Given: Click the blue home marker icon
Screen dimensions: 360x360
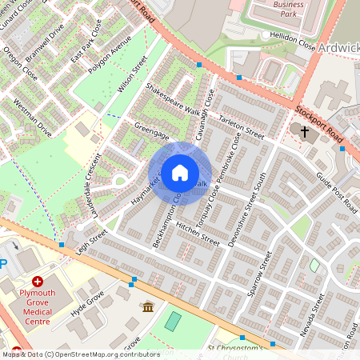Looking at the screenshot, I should coord(180,173).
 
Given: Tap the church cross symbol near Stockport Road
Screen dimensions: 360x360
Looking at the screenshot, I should coord(304,130).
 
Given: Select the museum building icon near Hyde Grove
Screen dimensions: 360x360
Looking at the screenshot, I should coord(148,306).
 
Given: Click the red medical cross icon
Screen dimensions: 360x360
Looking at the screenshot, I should coord(38,282).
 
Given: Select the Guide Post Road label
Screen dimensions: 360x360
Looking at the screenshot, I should coord(335,187).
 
